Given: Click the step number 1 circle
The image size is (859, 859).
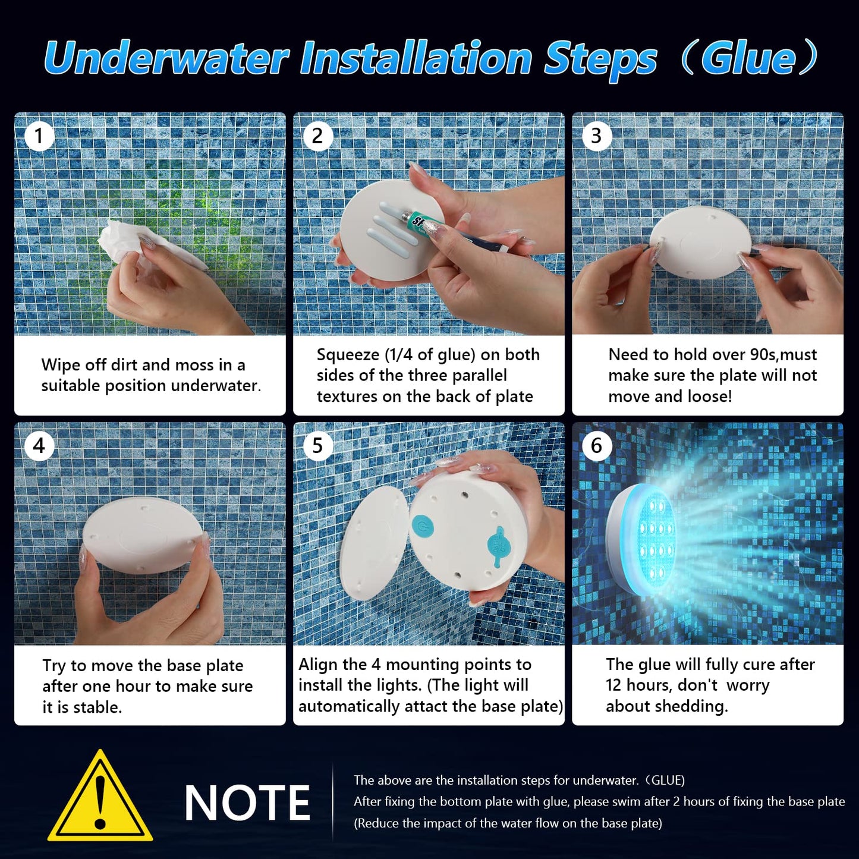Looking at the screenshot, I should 39,136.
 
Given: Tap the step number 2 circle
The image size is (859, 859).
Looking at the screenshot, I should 317,136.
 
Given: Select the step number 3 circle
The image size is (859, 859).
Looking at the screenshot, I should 596,136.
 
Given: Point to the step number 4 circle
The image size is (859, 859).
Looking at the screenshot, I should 39,445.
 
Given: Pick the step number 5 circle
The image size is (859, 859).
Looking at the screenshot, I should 317,445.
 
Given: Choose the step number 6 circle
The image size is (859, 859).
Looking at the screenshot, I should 596,445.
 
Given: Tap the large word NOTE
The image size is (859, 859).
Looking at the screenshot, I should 247,803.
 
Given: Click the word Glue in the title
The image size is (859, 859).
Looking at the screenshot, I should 748,58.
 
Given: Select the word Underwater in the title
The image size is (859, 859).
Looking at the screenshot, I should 166,58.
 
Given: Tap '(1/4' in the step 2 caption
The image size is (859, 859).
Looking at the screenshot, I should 398,355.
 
